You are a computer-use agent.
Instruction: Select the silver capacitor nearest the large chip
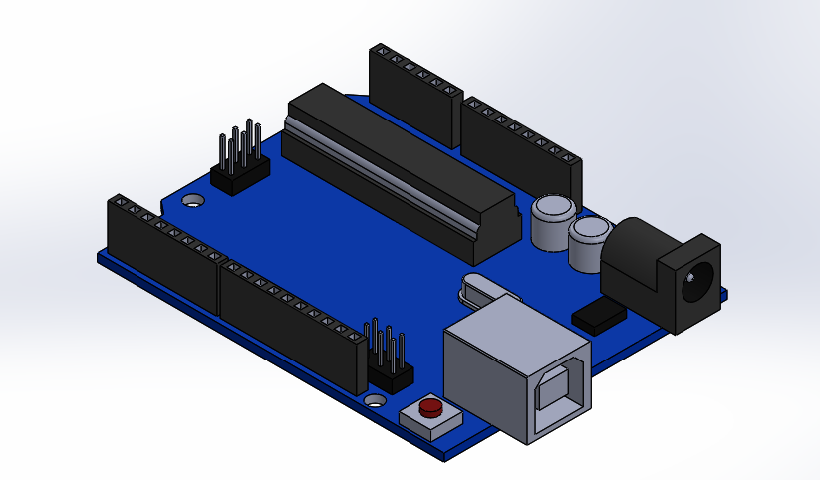[552, 221]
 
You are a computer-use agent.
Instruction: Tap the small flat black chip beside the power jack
[599, 315]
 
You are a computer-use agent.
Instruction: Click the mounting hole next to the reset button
[376, 400]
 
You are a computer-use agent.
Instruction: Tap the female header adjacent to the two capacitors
[523, 149]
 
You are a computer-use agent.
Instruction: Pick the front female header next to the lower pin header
[289, 319]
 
